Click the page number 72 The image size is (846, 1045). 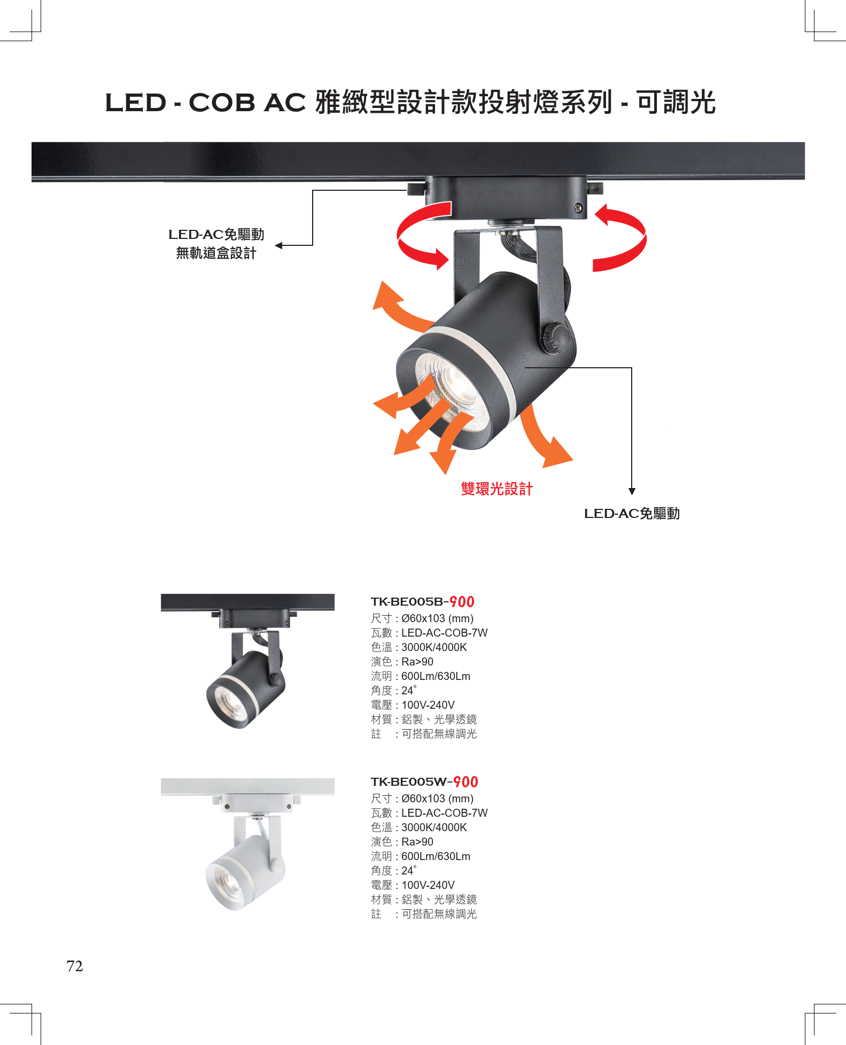(75, 966)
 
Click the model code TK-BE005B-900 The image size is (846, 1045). (422, 602)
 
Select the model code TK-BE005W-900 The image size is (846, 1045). (424, 782)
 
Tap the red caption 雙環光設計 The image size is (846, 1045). (496, 489)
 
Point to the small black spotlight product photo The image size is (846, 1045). (247, 661)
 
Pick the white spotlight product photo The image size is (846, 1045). (247, 845)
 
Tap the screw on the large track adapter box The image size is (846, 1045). (578, 208)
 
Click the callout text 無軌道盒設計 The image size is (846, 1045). (216, 253)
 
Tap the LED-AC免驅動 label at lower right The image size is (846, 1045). (632, 514)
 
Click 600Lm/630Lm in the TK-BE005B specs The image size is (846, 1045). (436, 676)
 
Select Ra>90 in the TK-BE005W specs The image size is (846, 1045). (417, 842)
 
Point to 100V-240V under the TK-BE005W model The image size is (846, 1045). (428, 885)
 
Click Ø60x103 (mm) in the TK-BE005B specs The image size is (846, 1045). (437, 618)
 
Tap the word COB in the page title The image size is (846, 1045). (222, 103)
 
